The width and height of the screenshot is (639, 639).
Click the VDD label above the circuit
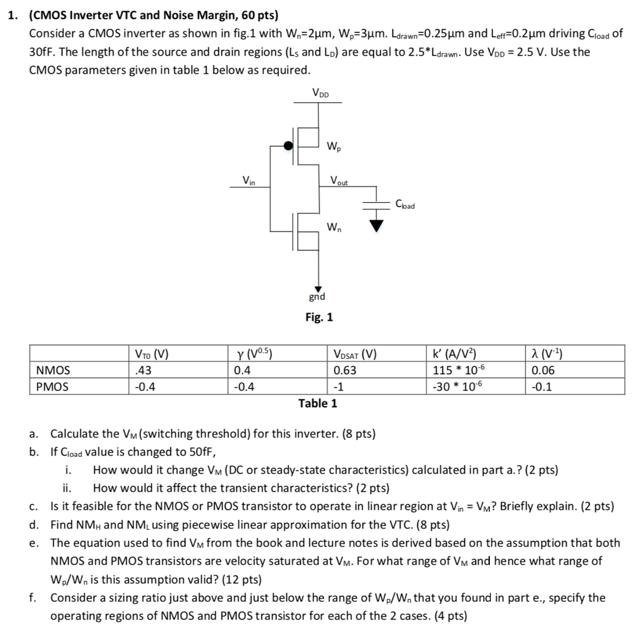(x=321, y=94)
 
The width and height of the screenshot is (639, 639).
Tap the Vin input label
(x=248, y=181)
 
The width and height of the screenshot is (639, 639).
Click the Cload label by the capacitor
(x=405, y=203)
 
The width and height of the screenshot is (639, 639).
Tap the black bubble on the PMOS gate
(x=288, y=146)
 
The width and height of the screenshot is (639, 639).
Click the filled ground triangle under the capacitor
(x=375, y=227)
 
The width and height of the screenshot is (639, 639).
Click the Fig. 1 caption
(x=319, y=318)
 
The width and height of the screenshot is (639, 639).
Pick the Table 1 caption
(x=318, y=403)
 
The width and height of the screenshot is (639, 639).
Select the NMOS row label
(x=53, y=370)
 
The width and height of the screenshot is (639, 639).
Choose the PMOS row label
(x=52, y=386)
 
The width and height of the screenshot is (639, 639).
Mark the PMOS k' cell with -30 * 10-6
(x=458, y=386)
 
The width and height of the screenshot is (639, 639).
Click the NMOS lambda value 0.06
(x=542, y=370)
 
